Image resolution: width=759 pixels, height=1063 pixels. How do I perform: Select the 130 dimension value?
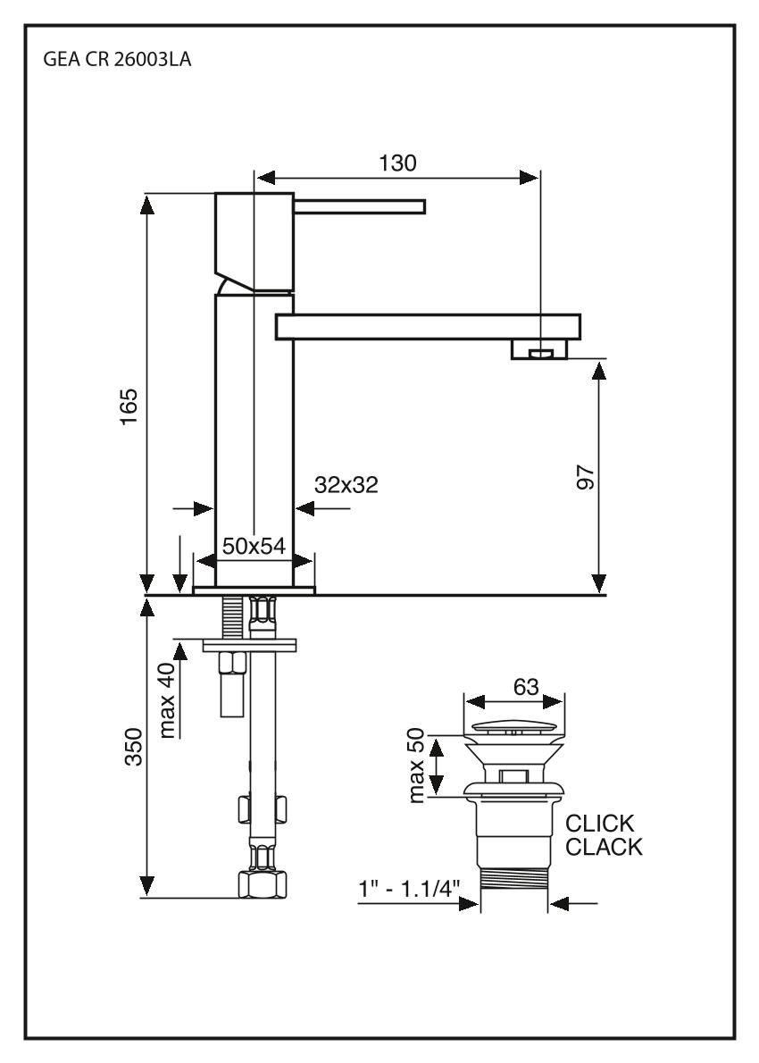click(397, 163)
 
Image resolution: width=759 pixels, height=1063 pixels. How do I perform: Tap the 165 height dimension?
click(131, 406)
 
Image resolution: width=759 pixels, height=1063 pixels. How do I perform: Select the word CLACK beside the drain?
click(604, 847)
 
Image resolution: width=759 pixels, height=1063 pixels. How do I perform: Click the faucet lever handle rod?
click(360, 207)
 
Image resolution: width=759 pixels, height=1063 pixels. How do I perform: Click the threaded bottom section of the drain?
click(513, 885)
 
